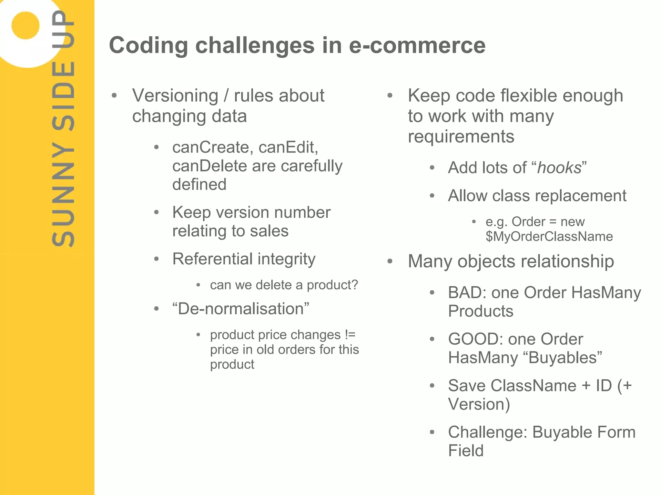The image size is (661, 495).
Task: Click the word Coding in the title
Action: click(148, 45)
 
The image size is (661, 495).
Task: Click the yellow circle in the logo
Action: click(25, 25)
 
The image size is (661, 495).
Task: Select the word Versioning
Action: click(175, 96)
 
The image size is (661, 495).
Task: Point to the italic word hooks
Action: click(559, 168)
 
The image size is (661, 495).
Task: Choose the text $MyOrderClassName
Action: click(549, 237)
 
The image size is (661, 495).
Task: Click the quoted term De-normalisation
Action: click(241, 309)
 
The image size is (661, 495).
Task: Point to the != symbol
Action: click(350, 335)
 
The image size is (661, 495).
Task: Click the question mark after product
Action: click(355, 285)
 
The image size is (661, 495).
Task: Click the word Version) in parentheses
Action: click(479, 404)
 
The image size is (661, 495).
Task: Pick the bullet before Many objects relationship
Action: click(390, 261)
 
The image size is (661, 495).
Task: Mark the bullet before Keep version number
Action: click(157, 213)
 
